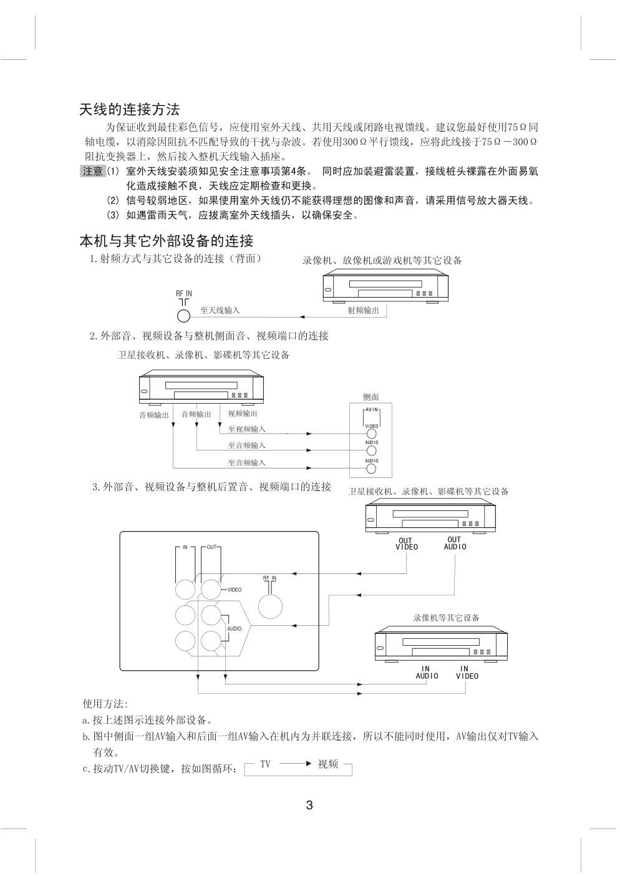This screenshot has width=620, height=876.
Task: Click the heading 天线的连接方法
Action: (x=130, y=110)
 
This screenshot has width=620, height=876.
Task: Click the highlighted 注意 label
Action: (x=92, y=171)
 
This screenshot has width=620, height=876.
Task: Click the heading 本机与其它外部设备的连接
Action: (x=166, y=241)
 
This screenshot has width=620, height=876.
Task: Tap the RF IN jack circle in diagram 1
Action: (x=184, y=316)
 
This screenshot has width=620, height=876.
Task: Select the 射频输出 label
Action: (x=363, y=310)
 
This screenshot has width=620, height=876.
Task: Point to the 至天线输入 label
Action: (x=220, y=310)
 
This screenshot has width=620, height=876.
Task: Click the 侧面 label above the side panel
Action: (x=371, y=397)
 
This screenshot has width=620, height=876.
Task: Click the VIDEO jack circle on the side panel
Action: (x=372, y=434)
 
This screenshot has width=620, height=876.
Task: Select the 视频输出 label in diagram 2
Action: (x=243, y=413)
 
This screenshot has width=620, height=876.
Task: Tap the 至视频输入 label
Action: (x=246, y=429)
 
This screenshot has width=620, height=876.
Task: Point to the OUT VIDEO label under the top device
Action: (x=406, y=544)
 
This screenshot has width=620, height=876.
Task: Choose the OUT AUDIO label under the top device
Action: (x=455, y=543)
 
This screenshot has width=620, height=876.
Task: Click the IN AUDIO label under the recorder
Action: (x=427, y=673)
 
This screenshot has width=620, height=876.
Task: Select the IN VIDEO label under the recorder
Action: (x=466, y=673)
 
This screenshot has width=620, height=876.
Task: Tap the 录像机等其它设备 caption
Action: (x=446, y=618)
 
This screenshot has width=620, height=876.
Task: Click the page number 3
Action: (x=309, y=805)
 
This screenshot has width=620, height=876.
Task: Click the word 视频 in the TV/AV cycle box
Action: (x=328, y=764)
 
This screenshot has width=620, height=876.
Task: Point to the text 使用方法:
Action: (x=105, y=704)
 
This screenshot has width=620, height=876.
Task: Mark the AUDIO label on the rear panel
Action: (x=235, y=628)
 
